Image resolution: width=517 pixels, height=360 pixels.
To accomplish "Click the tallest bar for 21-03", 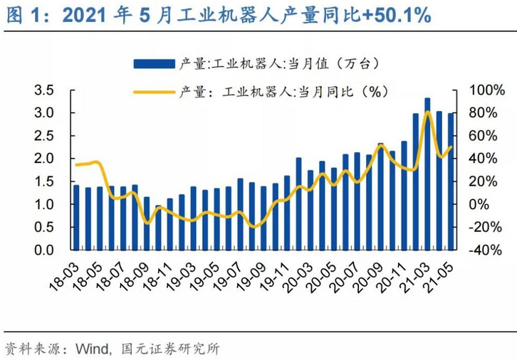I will (427, 174).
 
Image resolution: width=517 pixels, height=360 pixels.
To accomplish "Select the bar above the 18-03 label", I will (76, 217).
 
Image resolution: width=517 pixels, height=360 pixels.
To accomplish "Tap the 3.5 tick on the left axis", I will (45, 90).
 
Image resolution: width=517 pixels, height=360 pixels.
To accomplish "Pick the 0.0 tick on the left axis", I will (45, 250).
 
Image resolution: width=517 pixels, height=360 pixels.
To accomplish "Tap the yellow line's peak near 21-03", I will (427, 112).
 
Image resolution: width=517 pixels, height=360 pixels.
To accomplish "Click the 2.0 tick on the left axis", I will (45, 159).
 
